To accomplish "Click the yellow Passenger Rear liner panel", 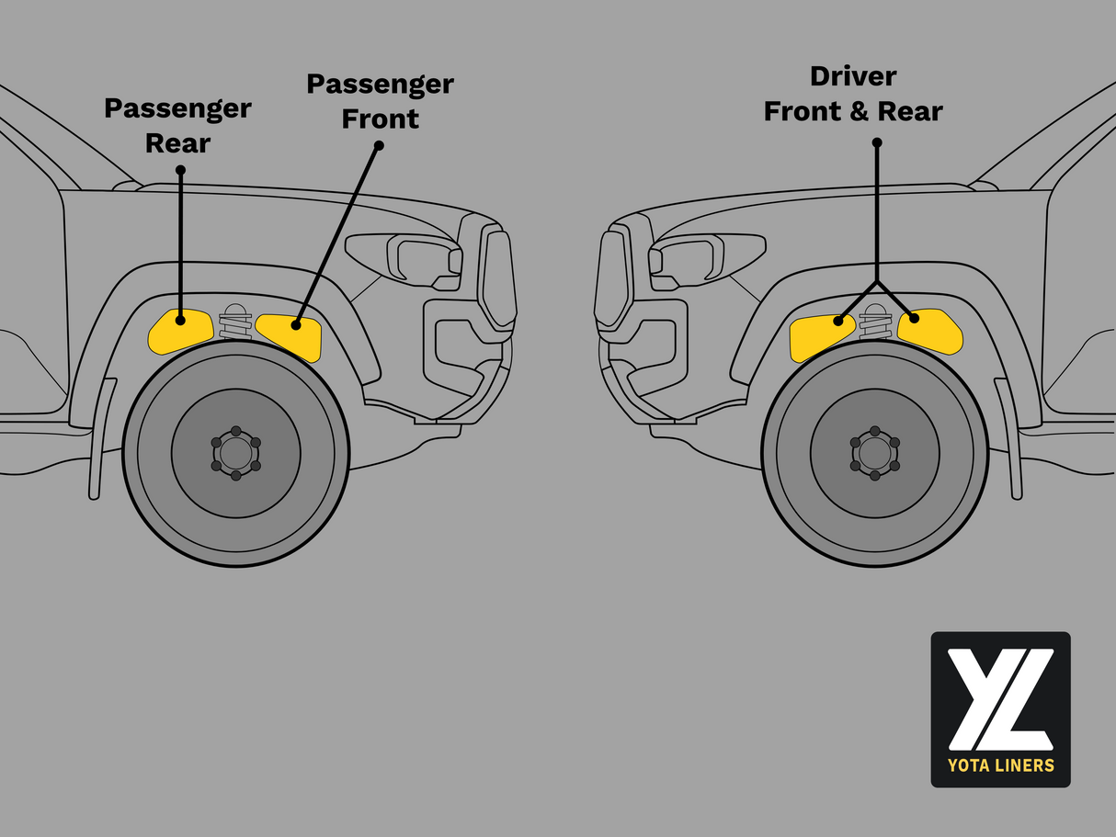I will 179,331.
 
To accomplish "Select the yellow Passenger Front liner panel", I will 290,335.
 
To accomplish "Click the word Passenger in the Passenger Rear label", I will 177,108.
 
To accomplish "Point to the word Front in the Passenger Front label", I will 380,119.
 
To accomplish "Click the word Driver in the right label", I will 853,76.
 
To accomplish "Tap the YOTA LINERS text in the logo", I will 1000,764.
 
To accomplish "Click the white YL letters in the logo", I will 1000,698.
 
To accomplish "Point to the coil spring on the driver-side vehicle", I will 875,323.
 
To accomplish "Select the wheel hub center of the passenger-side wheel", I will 235,453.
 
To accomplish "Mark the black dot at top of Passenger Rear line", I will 179,171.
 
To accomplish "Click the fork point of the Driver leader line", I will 877,281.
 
